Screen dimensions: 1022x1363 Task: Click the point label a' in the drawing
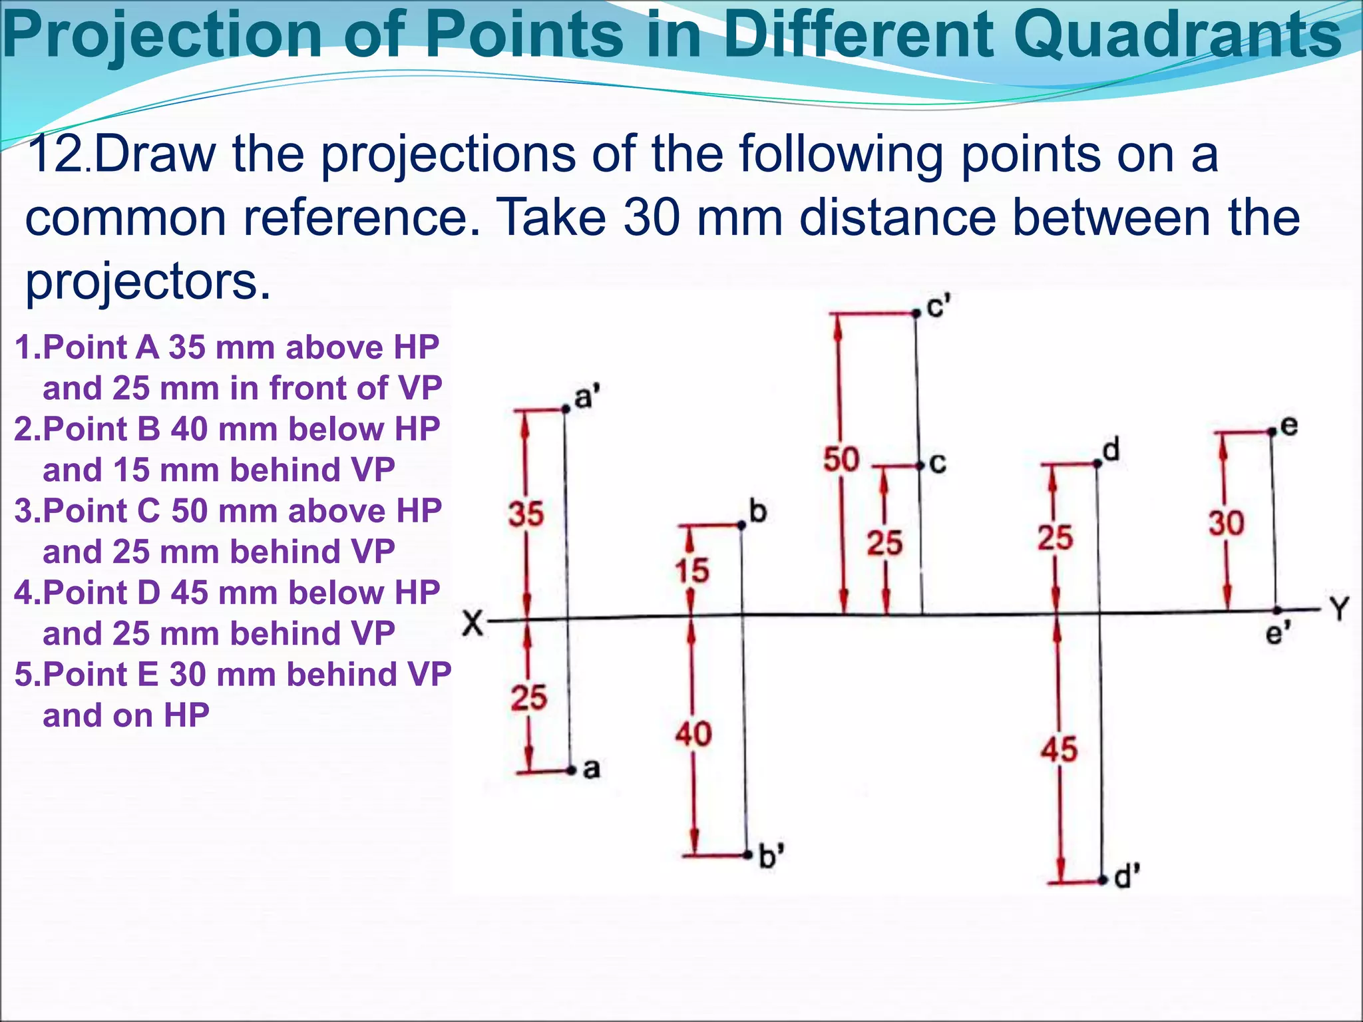586,397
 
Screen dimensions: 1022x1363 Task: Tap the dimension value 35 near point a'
526,514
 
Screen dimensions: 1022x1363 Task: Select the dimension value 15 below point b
692,571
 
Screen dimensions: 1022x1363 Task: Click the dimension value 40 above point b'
693,735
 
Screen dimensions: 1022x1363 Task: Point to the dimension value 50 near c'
841,460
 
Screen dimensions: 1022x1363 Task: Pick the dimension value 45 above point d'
1059,749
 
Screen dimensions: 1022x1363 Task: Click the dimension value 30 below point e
1226,523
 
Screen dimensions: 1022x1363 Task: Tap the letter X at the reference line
473,624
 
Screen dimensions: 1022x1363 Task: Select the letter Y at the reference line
1339,609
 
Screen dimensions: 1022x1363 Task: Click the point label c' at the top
938,307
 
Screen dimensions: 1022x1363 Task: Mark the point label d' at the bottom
1127,877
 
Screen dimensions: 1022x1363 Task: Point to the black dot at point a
571,770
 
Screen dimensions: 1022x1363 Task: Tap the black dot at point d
1097,463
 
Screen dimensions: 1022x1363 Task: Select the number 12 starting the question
56,154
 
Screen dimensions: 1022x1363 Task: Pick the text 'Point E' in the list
100,674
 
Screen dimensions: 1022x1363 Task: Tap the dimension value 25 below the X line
529,697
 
